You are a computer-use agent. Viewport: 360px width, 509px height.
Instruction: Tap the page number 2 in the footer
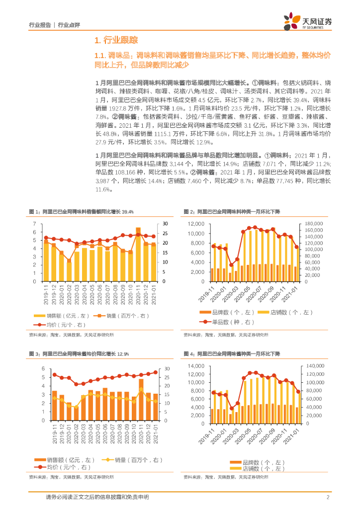[328, 498]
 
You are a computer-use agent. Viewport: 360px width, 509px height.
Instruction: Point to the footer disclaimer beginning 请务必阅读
[97, 498]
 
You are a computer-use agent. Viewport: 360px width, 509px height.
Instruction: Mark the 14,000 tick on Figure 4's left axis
[196, 366]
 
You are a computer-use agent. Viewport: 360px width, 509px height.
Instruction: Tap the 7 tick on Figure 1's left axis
[34, 224]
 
